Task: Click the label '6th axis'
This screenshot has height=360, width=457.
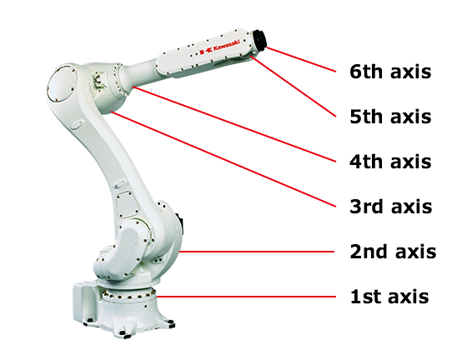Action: coord(390,72)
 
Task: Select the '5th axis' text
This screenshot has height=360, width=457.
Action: coord(390,117)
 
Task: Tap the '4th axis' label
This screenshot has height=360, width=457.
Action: coord(390,162)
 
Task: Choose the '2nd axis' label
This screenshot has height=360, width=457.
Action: coord(392,252)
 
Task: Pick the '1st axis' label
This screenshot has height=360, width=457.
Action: coord(389,297)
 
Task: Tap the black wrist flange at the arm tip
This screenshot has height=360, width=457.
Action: coord(259,41)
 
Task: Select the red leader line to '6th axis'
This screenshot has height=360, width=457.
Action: coord(300,56)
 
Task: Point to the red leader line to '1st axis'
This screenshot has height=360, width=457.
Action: coord(250,296)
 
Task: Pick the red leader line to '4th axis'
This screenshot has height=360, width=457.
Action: coord(234,123)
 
